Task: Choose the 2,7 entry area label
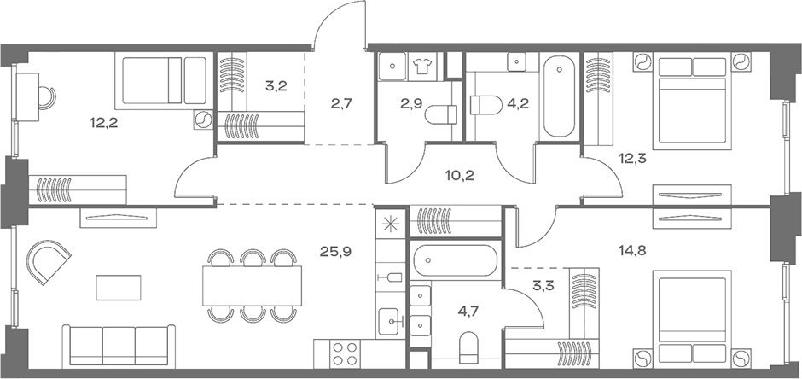tap(342, 106)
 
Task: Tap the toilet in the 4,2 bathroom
tap(482, 105)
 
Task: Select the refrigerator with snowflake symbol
tap(391, 225)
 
